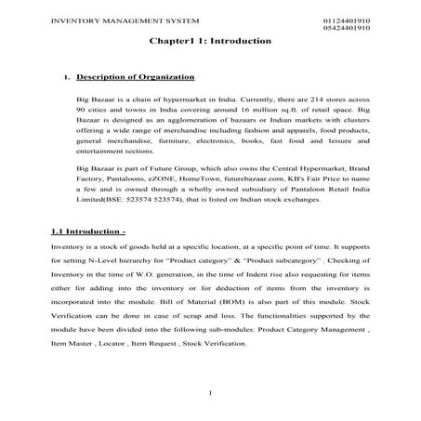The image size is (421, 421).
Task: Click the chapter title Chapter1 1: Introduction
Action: [x=209, y=42]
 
